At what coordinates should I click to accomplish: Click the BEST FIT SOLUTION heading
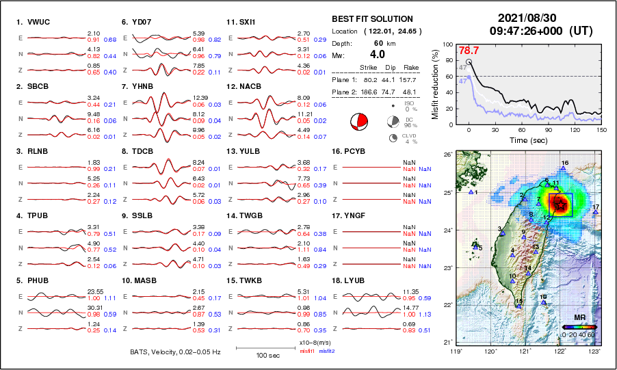(372, 19)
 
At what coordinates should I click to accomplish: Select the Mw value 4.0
(378, 55)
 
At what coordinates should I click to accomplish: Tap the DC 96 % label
(412, 120)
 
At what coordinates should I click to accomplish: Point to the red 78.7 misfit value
(469, 50)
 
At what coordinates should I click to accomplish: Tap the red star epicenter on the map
(560, 204)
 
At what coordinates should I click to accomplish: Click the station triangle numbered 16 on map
(563, 167)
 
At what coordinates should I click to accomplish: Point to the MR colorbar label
(579, 318)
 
